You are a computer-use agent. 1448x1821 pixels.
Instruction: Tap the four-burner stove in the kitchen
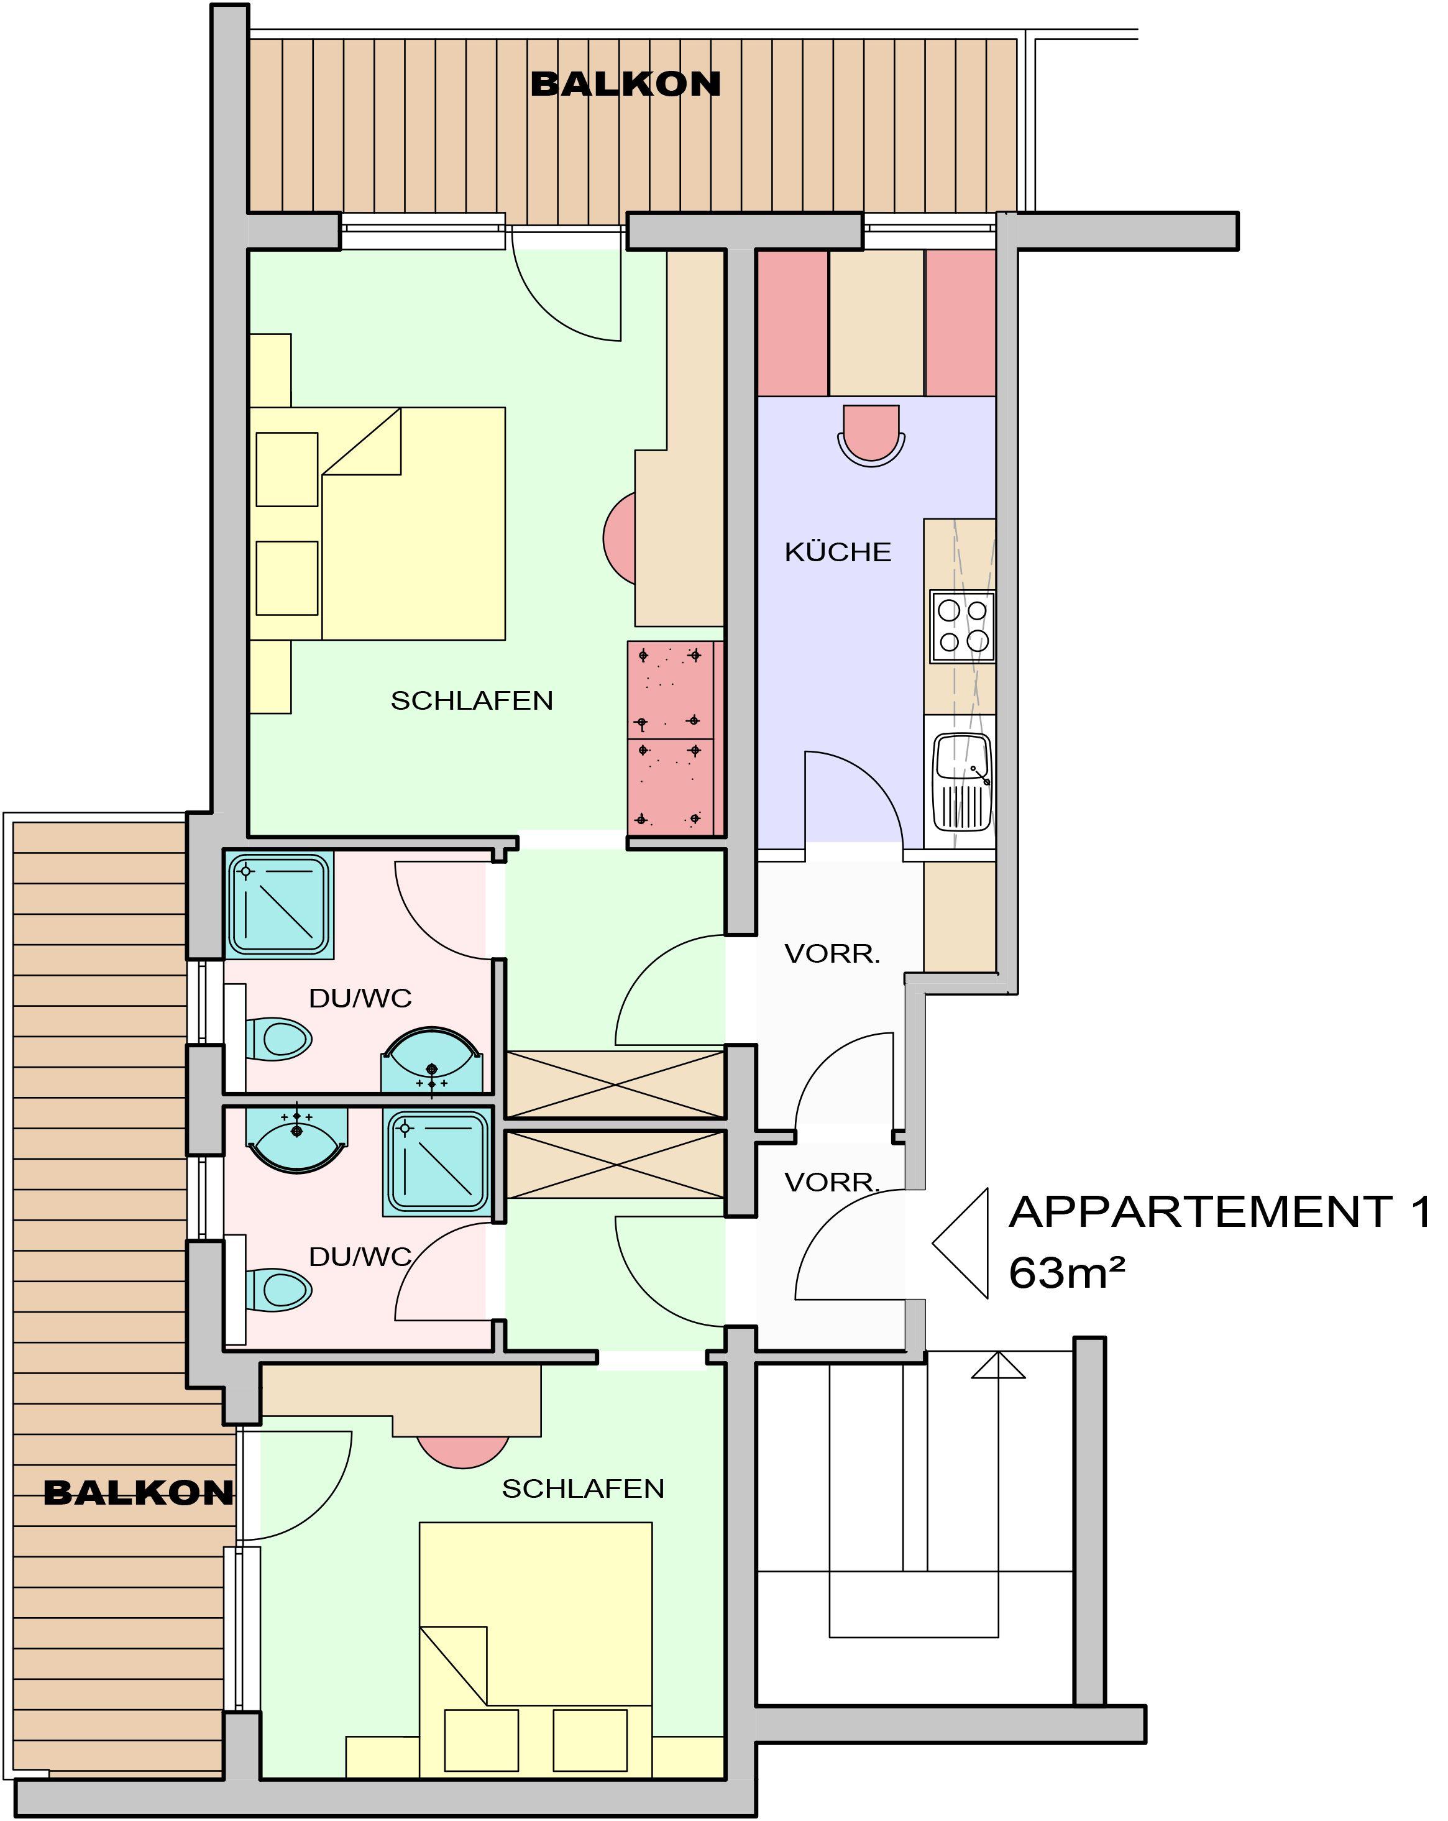(x=962, y=626)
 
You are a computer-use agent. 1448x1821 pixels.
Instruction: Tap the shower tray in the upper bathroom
(x=280, y=904)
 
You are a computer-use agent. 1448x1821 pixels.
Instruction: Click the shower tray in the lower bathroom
(x=438, y=1163)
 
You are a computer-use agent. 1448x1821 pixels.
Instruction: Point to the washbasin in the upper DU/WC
(x=433, y=1061)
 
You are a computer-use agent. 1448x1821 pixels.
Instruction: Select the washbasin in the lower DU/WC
(x=296, y=1140)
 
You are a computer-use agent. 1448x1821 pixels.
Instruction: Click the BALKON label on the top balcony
(x=625, y=84)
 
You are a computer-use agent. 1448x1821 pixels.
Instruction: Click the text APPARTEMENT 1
(x=1220, y=1211)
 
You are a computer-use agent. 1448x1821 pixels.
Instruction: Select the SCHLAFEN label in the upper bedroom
(x=472, y=700)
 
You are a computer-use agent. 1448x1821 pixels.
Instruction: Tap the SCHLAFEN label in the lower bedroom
(x=583, y=1488)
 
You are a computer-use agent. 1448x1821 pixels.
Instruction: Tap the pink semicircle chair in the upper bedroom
(x=619, y=538)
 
